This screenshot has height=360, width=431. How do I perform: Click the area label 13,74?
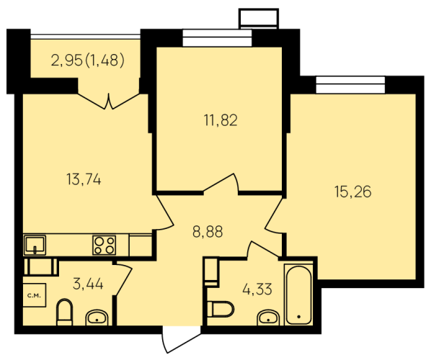click(84, 180)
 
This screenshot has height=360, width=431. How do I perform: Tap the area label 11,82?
click(221, 120)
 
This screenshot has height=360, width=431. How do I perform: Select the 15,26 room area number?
click(353, 192)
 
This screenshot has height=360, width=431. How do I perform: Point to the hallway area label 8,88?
click(208, 232)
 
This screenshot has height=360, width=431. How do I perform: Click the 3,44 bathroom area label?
click(88, 284)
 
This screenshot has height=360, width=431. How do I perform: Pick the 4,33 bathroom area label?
click(257, 289)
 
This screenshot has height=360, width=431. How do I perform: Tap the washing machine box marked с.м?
click(34, 295)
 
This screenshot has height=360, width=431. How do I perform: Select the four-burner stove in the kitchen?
click(105, 245)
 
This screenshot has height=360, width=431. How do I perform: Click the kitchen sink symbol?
click(35, 245)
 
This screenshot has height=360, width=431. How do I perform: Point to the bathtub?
click(298, 294)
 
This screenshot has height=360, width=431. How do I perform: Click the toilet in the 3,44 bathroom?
click(65, 312)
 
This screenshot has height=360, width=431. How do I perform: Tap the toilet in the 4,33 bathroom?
click(220, 309)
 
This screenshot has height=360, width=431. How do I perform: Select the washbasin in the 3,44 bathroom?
click(97, 318)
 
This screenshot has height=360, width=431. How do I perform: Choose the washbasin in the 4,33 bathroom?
click(268, 318)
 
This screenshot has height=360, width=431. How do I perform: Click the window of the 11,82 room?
click(217, 38)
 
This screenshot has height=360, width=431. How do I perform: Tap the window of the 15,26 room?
click(350, 85)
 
